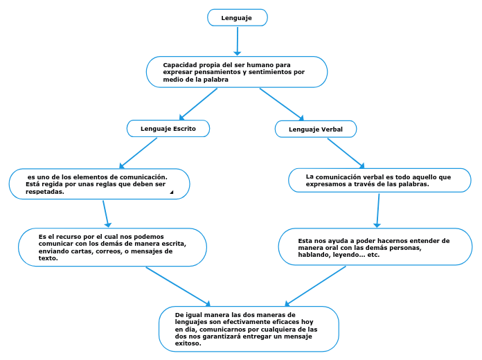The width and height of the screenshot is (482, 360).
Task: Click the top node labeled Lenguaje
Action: pos(237,17)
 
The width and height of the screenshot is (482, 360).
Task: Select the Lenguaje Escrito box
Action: pos(168,129)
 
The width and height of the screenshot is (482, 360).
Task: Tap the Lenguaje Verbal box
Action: pos(316,129)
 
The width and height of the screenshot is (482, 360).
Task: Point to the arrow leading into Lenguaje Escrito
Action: pos(198,103)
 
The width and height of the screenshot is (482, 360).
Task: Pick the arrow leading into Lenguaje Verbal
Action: pos(281,104)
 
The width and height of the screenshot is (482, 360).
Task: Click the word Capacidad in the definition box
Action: pos(179,65)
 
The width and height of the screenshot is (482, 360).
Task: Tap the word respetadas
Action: pos(45,192)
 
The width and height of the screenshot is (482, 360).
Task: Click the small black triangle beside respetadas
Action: pos(171,192)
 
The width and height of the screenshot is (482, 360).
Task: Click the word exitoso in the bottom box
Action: pos(188,343)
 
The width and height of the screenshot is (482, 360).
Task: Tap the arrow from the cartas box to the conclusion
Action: pos(177,285)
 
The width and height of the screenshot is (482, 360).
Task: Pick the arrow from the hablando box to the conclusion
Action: pos(316,285)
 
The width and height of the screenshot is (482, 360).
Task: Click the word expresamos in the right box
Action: pos(326,185)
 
